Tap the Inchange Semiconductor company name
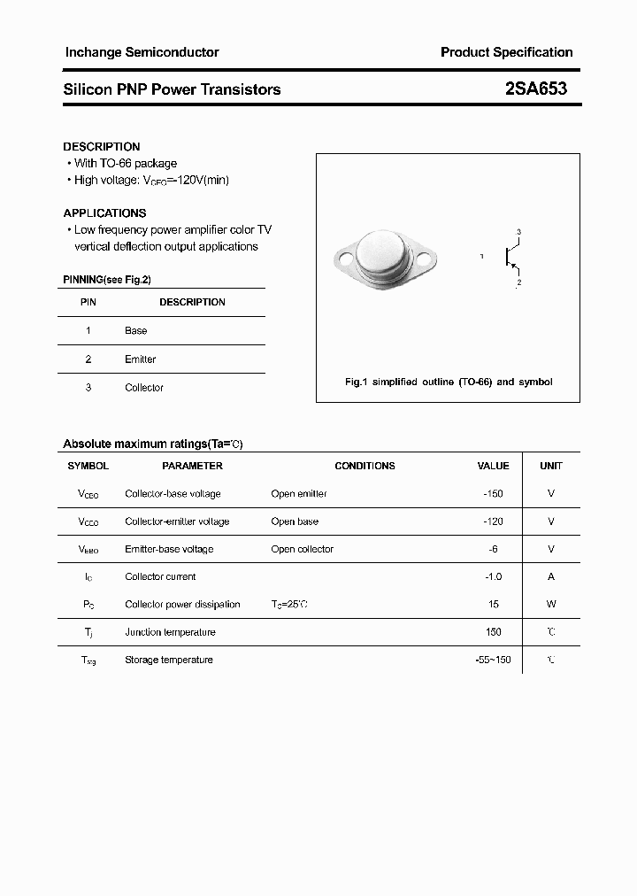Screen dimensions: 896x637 pos(142,52)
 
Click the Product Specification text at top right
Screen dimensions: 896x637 pos(506,52)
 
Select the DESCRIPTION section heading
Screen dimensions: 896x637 pos(102,147)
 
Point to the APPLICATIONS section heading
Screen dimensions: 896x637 pos(104,213)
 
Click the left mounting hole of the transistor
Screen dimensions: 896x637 pos(345,259)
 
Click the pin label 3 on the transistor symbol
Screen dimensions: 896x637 pos(518,232)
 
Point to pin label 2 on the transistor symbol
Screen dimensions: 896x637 pos(518,282)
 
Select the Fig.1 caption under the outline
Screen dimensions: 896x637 pos(448,382)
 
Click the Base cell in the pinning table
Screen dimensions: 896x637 pos(136,331)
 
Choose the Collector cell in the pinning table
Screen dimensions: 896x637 pos(144,388)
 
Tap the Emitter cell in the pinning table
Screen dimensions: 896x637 pos(141,359)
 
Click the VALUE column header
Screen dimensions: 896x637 pos(493,466)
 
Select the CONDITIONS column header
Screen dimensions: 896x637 pos(365,466)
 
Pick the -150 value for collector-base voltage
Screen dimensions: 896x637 pos(493,494)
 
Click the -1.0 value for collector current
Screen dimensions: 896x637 pos(493,577)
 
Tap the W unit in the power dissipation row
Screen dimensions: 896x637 pos(551,605)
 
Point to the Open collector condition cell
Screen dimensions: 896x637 pos(303,550)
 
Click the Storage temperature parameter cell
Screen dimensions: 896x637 pos(169,660)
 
